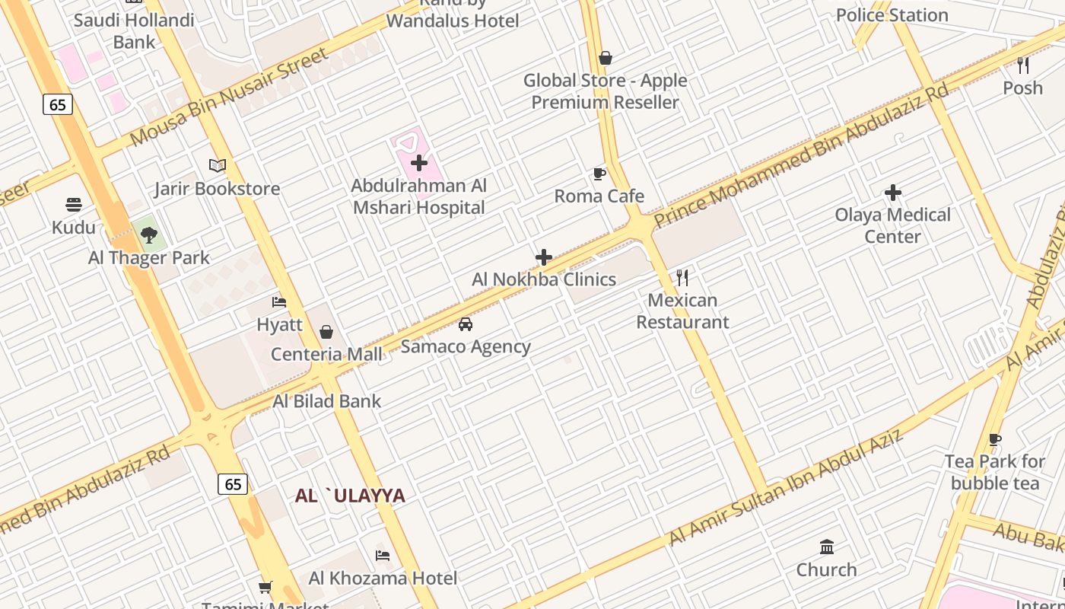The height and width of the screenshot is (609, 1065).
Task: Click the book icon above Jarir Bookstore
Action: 218,165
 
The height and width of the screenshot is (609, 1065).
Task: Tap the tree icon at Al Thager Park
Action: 149,234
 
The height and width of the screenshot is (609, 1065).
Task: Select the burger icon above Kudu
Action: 74,205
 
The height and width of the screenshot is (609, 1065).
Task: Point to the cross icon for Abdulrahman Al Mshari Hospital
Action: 419,163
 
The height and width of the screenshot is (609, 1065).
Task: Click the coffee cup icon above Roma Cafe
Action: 599,174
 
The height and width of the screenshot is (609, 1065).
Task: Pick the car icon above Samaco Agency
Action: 466,324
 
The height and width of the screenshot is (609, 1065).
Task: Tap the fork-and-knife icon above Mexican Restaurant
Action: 682,278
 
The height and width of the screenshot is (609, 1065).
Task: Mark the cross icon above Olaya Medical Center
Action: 893,193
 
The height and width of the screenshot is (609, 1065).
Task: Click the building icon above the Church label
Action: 827,547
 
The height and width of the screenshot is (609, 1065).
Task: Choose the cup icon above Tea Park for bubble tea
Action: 995,439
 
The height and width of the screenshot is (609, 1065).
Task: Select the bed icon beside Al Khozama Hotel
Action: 383,556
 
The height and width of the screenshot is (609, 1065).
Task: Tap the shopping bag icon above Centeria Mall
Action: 326,332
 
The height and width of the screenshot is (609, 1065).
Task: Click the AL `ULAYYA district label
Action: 350,496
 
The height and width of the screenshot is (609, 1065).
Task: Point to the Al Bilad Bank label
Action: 327,401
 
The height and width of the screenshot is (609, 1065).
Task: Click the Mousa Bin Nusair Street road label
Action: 229,97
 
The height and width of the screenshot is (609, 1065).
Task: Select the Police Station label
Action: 892,15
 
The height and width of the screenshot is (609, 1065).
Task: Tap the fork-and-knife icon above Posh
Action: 1023,65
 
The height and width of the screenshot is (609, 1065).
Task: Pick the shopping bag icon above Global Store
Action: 606,58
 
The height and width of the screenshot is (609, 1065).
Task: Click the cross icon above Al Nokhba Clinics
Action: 544,257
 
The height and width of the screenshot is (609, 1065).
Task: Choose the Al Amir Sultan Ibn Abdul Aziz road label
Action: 786,487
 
